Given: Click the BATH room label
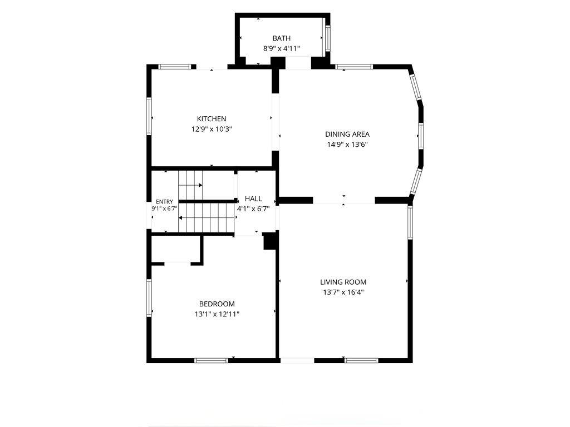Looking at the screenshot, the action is (281, 38).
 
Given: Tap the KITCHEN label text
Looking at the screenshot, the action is (212, 119).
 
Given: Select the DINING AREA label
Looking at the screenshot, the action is (347, 135).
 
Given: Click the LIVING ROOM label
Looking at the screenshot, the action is (343, 282).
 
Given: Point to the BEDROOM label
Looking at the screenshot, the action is (217, 304).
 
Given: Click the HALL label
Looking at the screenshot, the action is (253, 198).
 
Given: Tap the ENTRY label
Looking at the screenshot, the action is (164, 202).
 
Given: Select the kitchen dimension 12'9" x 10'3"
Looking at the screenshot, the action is (212, 129).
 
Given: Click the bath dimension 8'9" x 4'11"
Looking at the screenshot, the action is (281, 48).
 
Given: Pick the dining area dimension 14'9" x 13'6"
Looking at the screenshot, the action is (347, 145).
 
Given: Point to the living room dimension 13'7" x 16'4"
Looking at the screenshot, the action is (343, 292).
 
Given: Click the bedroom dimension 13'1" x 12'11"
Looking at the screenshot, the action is (217, 314).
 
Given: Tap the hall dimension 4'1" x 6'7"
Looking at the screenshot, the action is (253, 209).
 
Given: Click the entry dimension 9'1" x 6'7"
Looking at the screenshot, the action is (164, 208).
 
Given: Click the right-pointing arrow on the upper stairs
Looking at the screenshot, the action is (190, 185).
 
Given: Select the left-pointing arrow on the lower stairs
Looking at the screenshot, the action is (206, 218).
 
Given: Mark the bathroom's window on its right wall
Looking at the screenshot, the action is (327, 38).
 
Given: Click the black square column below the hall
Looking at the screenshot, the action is (269, 241).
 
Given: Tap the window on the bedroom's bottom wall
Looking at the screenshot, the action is (211, 360).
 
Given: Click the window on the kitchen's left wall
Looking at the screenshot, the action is (149, 116).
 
